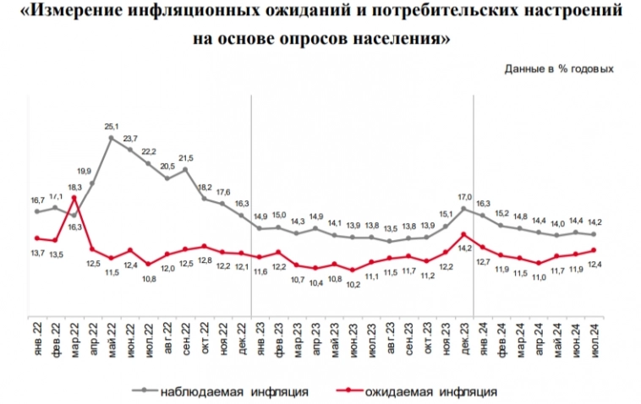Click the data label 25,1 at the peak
click(x=111, y=128)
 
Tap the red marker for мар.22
click(x=74, y=199)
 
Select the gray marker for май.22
click(x=111, y=138)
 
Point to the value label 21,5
click(x=186, y=158)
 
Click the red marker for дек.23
click(x=464, y=233)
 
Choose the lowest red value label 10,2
click(x=353, y=284)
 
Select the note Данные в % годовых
click(x=558, y=68)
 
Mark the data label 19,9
click(x=93, y=170)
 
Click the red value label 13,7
click(x=36, y=253)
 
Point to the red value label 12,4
click(x=594, y=266)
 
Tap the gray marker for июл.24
click(x=594, y=234)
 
